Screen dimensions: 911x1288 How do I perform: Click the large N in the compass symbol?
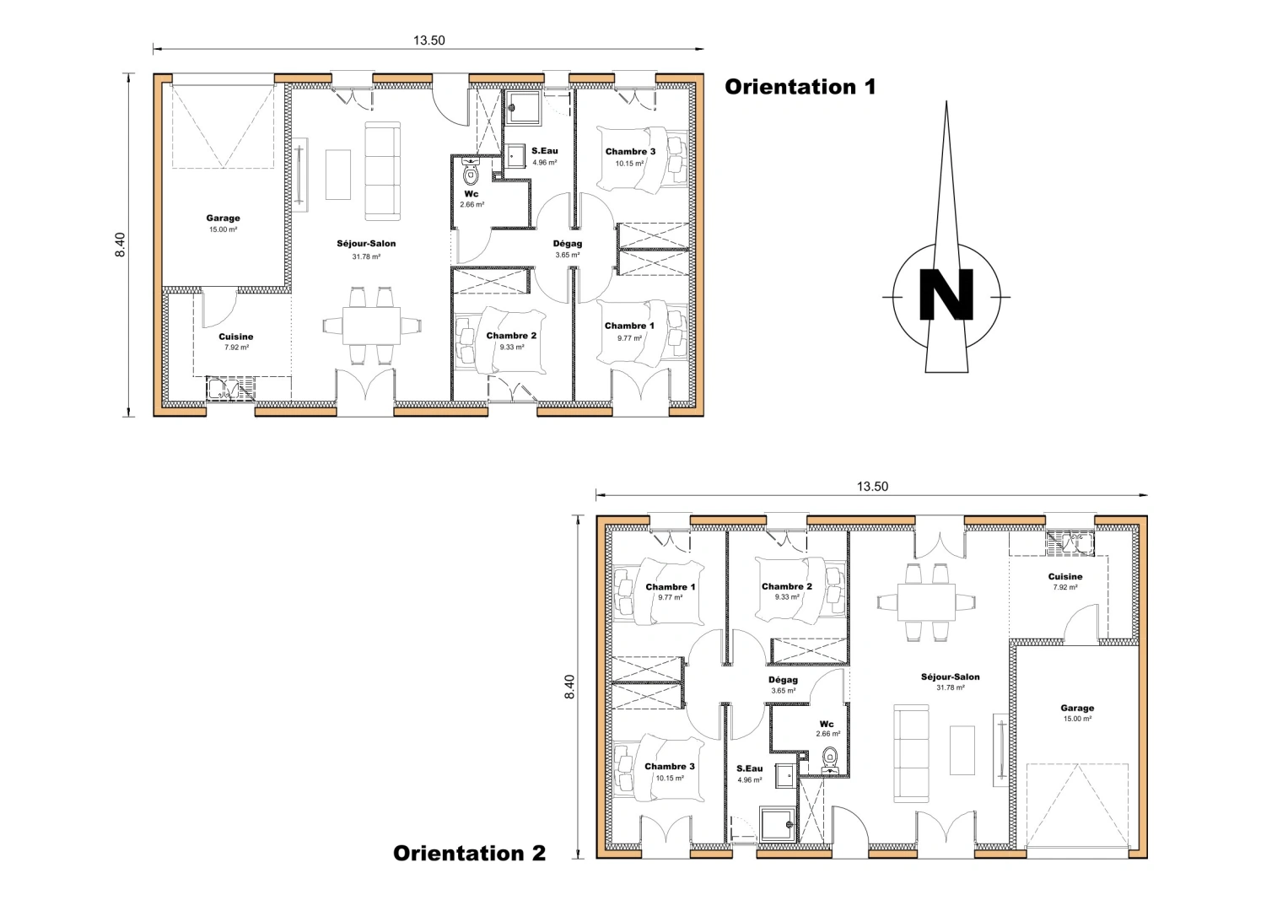946,294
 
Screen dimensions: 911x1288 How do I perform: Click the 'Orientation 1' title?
800,87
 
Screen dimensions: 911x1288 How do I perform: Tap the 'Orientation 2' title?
469,853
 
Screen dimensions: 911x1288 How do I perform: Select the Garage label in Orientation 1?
223,218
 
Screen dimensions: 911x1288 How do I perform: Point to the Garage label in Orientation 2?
1077,709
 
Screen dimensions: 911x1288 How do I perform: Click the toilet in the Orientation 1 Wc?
471,175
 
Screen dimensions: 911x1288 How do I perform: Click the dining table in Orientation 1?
371,326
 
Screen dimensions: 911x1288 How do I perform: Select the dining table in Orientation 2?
925,601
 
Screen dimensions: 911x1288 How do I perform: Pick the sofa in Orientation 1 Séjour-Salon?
381,171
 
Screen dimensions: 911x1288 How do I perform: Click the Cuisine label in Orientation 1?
236,337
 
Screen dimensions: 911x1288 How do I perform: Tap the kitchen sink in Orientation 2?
1069,542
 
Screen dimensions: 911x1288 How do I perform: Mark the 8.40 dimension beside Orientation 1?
121,245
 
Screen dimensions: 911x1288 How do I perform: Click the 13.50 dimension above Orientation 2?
872,487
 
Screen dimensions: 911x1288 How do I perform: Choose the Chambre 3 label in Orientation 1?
630,152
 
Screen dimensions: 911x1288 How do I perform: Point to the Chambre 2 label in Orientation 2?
786,586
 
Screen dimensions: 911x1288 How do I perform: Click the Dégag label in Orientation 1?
568,244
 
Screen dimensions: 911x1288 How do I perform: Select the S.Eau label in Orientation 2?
749,768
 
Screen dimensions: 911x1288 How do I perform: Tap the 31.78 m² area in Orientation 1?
366,256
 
